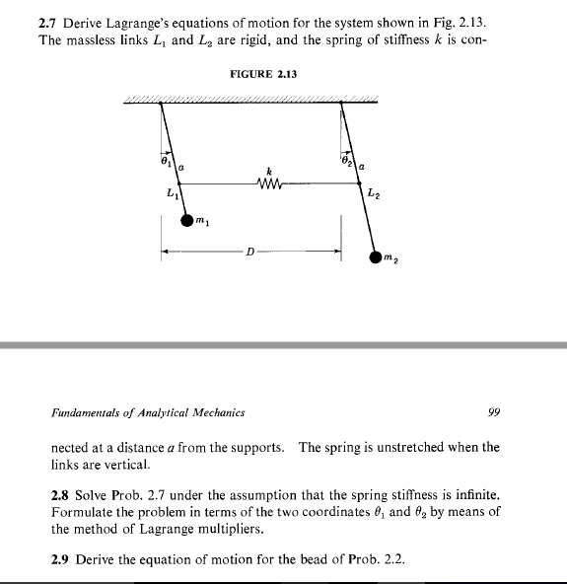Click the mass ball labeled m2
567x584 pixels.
point(376,257)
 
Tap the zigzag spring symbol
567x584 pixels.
point(268,182)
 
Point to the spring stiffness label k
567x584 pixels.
point(268,167)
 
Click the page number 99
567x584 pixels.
point(493,412)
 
